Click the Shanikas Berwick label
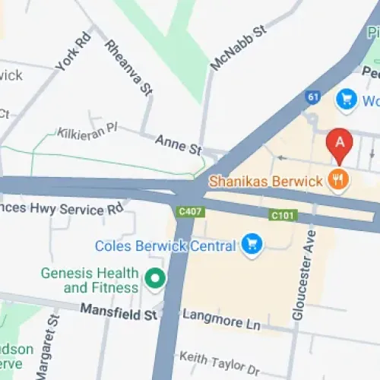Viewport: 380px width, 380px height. (x=266, y=180)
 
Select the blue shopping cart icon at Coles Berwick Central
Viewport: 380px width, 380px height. (x=250, y=245)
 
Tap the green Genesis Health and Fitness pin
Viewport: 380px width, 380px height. (x=156, y=280)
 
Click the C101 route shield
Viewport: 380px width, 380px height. (x=282, y=217)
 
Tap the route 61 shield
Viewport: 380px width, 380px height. (x=313, y=97)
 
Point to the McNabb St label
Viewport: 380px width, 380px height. (x=239, y=48)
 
